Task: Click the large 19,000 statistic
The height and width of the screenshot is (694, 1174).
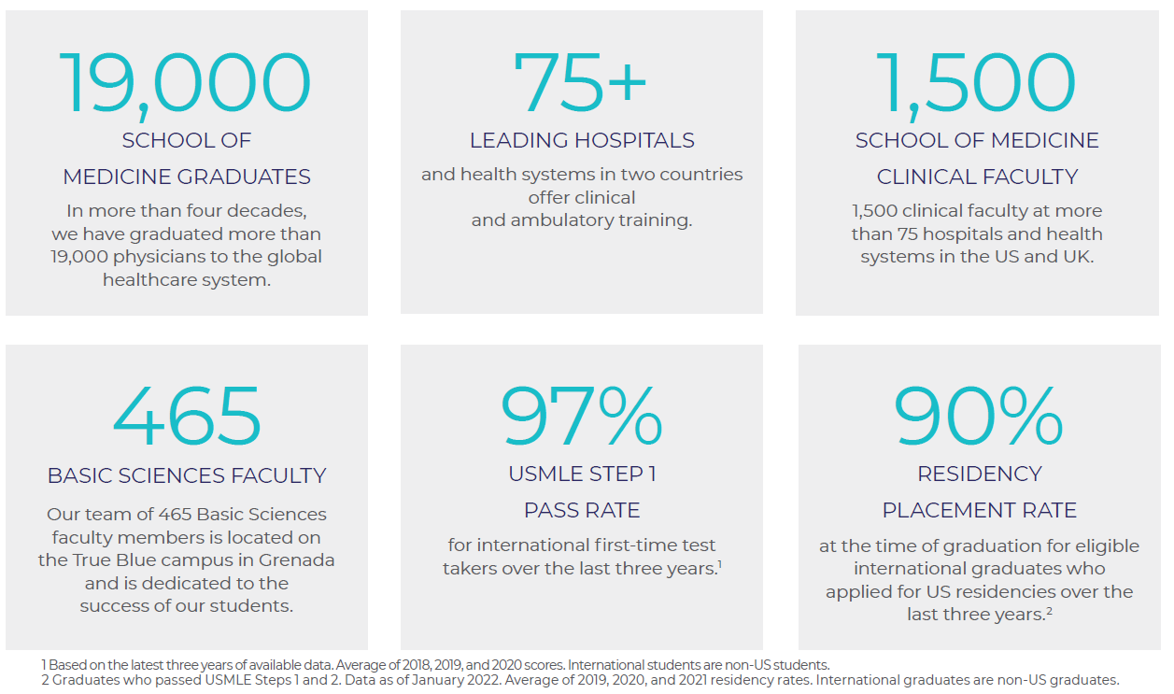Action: click(186, 83)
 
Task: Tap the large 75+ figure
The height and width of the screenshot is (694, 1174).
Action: click(581, 83)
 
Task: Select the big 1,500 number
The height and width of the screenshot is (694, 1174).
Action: click(976, 83)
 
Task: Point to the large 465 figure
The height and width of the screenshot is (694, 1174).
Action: click(187, 416)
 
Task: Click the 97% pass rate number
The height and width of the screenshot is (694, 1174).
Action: click(582, 416)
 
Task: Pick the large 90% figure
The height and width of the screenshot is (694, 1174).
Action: click(978, 416)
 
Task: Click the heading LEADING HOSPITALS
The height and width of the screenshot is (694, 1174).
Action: click(582, 141)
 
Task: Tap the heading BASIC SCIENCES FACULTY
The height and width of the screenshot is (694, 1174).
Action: click(187, 475)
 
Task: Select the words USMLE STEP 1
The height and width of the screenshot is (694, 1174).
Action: click(582, 474)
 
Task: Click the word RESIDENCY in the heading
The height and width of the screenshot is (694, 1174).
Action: click(979, 474)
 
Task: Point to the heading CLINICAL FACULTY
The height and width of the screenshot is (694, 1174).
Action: click(977, 177)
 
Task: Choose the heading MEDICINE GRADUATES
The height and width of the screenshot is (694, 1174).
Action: click(187, 177)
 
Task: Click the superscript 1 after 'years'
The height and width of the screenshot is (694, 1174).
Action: click(718, 562)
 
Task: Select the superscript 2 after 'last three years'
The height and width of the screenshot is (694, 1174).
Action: click(1048, 609)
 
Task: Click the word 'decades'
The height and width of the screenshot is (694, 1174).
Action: click(272, 210)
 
